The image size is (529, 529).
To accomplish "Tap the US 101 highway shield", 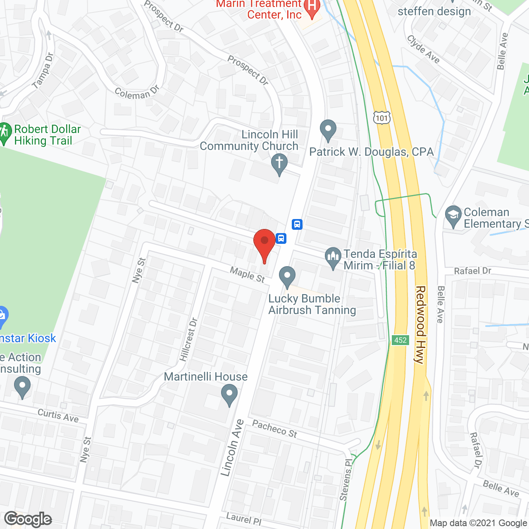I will click(382, 118).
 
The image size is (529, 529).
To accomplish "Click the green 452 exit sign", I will click(400, 340).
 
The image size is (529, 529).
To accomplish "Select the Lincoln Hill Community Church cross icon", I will click(279, 163).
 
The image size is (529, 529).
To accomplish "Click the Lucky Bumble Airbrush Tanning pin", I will click(287, 276).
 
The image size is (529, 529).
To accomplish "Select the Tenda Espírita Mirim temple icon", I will click(333, 258).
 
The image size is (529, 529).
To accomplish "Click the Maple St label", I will click(247, 275).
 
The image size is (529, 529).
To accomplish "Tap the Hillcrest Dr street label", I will click(189, 339).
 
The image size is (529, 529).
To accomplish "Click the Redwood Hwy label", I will click(420, 324).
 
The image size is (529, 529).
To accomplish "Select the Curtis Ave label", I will click(58, 415).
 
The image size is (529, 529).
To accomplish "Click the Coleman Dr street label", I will click(136, 93).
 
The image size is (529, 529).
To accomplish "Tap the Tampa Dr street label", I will click(43, 71).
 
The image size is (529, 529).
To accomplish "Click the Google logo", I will click(28, 519).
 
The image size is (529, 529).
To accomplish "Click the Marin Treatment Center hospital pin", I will click(312, 7).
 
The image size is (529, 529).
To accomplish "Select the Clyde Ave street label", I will click(423, 49).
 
